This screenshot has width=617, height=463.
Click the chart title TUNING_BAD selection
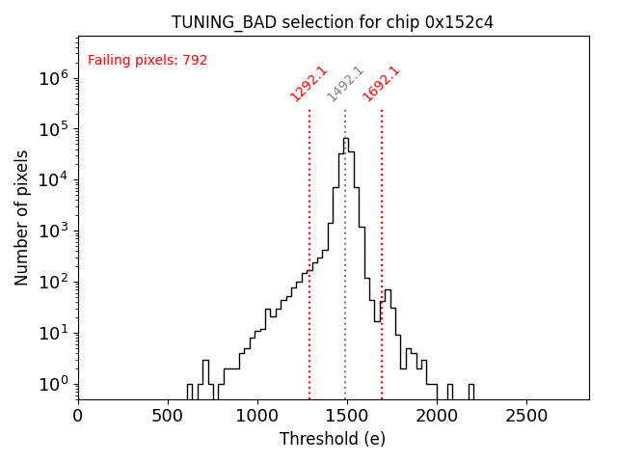pos(333,22)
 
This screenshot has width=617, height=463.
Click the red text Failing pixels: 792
pos(148,61)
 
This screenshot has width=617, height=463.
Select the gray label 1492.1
pos(345,84)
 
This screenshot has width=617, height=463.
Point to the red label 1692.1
pos(381,84)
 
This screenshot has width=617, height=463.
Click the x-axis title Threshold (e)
pos(333,439)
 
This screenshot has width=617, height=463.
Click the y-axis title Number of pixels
pos(22,217)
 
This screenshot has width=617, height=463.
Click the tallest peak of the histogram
pos(346,139)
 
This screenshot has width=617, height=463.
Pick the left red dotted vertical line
pos(309,289)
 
